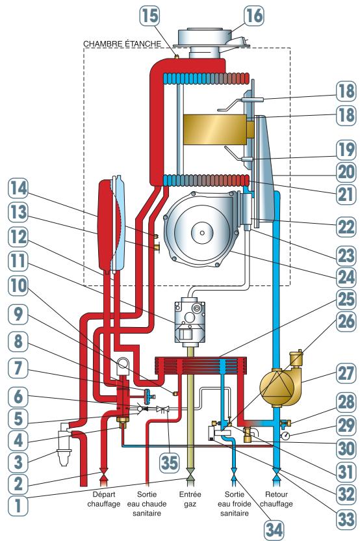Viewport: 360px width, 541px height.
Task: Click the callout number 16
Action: click(254, 15)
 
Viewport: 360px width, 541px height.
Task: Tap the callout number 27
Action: click(346, 373)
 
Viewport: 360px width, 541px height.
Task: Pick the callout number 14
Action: click(18, 189)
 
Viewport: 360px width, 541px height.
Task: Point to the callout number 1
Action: click(18, 505)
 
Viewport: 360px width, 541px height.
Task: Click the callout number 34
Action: click(274, 529)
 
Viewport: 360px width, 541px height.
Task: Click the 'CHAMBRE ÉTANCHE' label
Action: click(122, 44)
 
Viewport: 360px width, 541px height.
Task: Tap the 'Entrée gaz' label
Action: click(190, 499)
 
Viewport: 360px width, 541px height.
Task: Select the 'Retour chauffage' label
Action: click(276, 499)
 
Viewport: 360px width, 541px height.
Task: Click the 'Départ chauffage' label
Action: click(104, 499)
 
